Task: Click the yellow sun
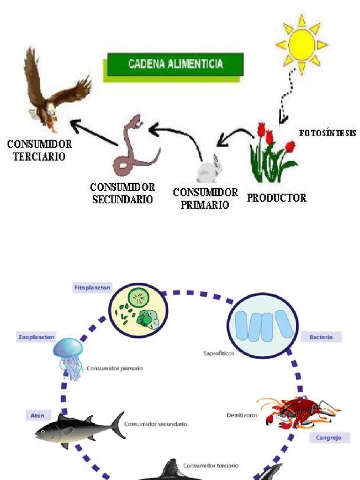[301, 45]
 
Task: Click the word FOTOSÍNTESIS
[327, 133]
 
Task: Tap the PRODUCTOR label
[277, 198]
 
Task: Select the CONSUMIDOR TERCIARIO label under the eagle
[39, 150]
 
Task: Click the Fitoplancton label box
[92, 288]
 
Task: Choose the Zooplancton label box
[36, 337]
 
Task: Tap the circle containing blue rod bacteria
[262, 325]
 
